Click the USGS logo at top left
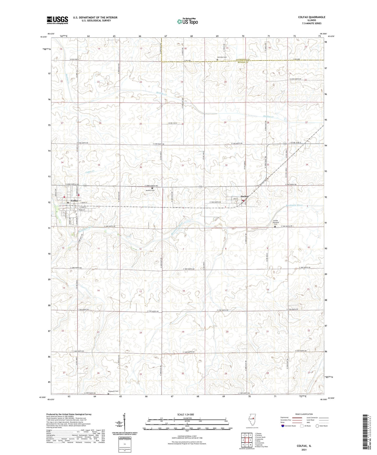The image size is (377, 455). click(57, 20)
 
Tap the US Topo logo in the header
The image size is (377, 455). click(187, 21)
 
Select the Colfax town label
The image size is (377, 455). click(75, 200)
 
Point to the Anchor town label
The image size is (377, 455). click(244, 196)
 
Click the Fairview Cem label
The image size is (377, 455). click(222, 57)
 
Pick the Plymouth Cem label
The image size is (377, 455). click(113, 391)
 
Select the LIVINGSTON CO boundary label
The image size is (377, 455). click(243, 60)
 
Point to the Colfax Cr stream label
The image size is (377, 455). click(90, 172)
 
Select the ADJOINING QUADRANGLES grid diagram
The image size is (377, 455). click(247, 441)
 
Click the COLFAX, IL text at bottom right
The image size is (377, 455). click(304, 446)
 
